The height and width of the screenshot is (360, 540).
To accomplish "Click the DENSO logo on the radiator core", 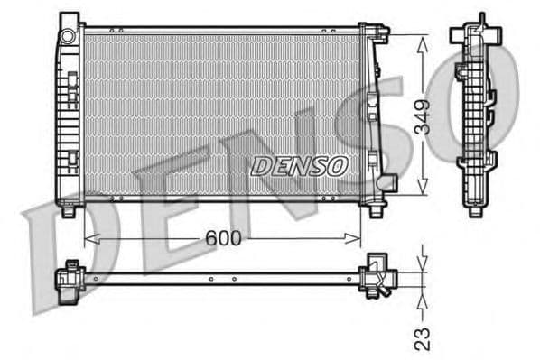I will click(298, 165).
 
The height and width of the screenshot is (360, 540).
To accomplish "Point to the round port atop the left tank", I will click(68, 34).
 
